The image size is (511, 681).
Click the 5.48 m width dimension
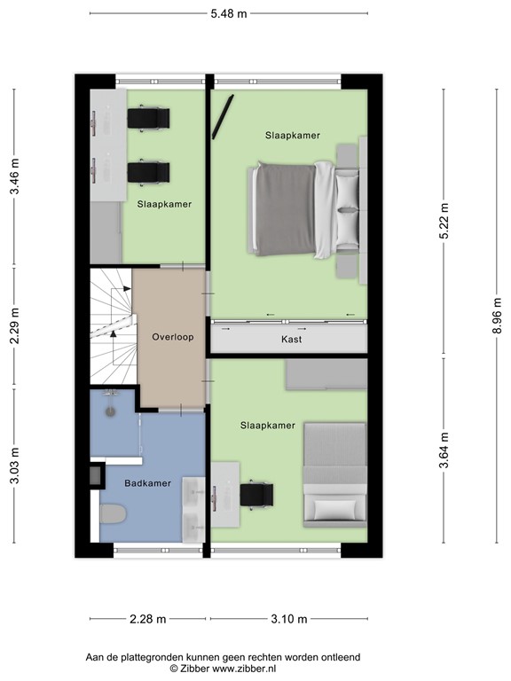pyautogui.click(x=229, y=14)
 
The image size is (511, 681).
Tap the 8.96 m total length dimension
pyautogui.click(x=497, y=316)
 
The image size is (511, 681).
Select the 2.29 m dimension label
pyautogui.click(x=15, y=325)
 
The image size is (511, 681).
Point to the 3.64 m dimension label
pyautogui.click(x=444, y=450)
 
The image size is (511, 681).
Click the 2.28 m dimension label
pyautogui.click(x=148, y=619)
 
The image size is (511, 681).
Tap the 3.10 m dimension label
pyautogui.click(x=289, y=619)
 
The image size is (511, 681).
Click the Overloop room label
pyautogui.click(x=172, y=337)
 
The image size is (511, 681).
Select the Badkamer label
pyautogui.click(x=148, y=483)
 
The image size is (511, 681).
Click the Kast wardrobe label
pyautogui.click(x=291, y=340)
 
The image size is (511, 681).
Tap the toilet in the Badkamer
pyautogui.click(x=113, y=513)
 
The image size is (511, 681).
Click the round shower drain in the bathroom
pyautogui.click(x=111, y=411)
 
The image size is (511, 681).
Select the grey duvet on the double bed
pyautogui.click(x=285, y=209)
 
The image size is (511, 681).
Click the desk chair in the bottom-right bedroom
pyautogui.click(x=256, y=495)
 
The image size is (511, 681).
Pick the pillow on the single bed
pyautogui.click(x=334, y=511)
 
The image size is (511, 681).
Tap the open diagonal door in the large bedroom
pyautogui.click(x=223, y=117)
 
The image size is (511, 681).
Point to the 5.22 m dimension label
pyautogui.click(x=444, y=221)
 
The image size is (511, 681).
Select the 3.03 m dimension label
pyautogui.click(x=15, y=466)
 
